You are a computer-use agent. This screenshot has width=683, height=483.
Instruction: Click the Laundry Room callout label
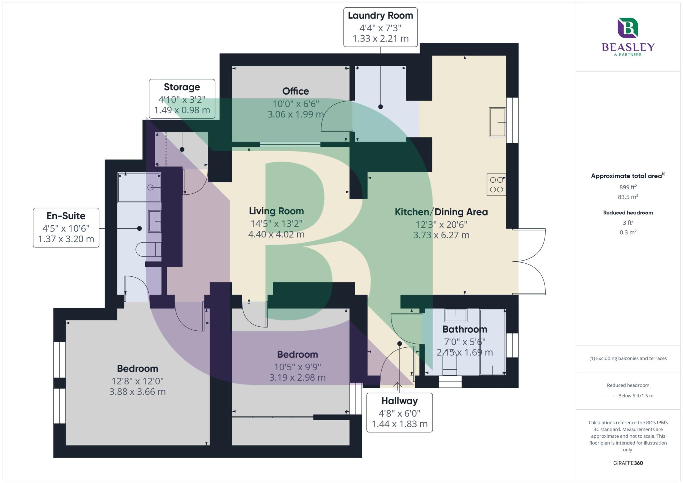click(x=381, y=27)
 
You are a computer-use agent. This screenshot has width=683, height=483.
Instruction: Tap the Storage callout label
click(x=182, y=99)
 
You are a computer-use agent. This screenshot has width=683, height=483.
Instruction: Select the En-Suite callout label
click(x=66, y=228)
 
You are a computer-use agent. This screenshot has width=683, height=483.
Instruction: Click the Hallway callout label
click(x=399, y=412)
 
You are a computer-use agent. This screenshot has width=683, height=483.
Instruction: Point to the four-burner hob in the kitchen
click(x=496, y=185)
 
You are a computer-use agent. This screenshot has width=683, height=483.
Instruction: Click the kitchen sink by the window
click(x=497, y=122)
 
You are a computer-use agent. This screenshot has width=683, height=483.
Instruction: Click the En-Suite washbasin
click(x=154, y=221)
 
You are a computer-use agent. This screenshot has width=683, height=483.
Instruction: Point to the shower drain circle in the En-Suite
click(x=150, y=188)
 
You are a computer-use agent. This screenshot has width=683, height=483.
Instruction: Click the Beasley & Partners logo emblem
click(x=627, y=28)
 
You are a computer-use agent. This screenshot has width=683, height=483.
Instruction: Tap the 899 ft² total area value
click(x=628, y=187)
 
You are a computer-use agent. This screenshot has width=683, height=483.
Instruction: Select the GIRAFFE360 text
click(x=628, y=463)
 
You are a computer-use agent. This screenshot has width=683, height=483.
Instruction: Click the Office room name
click(x=295, y=91)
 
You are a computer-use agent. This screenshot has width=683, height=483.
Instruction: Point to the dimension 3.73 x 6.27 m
click(x=441, y=235)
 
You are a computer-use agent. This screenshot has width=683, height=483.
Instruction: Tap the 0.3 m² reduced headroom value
click(x=628, y=232)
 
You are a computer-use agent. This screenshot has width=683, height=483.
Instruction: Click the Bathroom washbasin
click(x=456, y=314)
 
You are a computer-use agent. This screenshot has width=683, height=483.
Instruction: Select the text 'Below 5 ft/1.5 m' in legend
click(x=635, y=396)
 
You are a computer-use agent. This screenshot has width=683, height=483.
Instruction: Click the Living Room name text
click(x=276, y=211)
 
